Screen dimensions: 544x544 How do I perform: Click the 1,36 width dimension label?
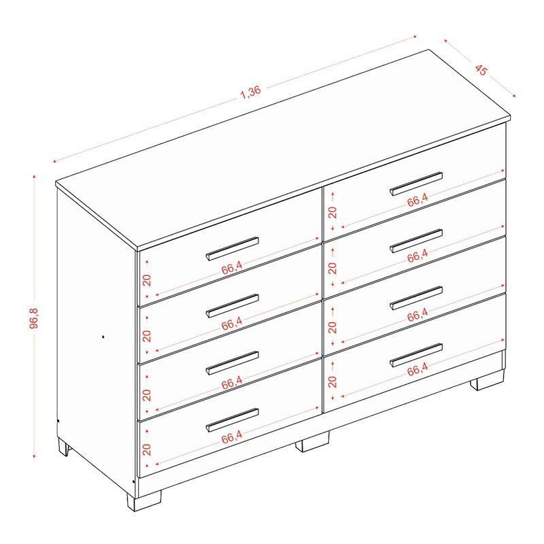(250, 92)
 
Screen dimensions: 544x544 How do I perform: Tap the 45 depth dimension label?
(481, 69)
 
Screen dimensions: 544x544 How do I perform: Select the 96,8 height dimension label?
(34, 318)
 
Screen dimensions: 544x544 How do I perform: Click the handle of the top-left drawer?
(232, 248)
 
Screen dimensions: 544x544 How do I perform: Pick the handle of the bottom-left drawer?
(232, 420)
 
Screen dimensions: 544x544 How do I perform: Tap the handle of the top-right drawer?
(416, 184)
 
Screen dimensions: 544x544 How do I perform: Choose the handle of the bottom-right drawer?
(416, 355)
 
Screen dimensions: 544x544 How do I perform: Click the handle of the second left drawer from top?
(232, 305)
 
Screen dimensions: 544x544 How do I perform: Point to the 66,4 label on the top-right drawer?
(418, 200)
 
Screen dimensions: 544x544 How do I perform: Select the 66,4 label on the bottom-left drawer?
(232, 437)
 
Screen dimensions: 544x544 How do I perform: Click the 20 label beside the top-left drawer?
(147, 279)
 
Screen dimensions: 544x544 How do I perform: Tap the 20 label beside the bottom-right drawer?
(333, 381)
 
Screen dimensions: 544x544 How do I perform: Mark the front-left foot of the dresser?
(143, 500)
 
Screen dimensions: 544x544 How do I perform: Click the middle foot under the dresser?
(312, 441)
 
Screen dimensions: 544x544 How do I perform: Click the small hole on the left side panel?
(103, 336)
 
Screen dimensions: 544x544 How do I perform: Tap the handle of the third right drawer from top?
(416, 298)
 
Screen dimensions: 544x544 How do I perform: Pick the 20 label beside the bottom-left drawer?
(147, 449)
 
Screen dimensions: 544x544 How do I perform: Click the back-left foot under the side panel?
(65, 447)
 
